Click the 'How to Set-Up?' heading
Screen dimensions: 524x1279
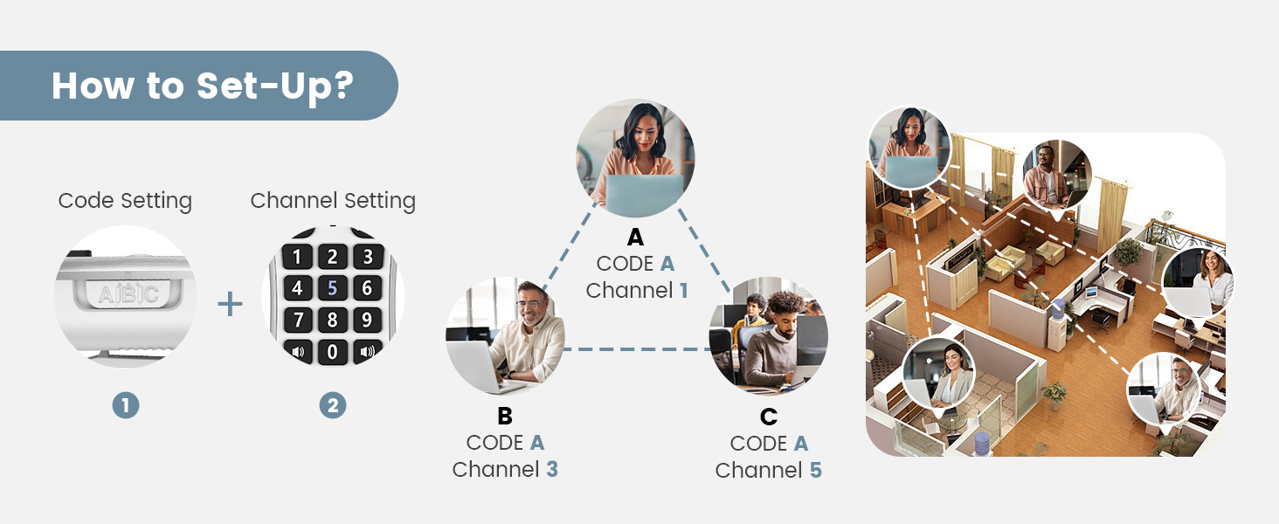(202, 86)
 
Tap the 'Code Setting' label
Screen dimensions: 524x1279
(125, 201)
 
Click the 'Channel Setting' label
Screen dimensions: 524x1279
(333, 201)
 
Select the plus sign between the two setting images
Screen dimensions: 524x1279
(230, 304)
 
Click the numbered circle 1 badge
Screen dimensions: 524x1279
(125, 405)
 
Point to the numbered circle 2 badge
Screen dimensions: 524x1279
(332, 405)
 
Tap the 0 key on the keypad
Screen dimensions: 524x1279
(332, 353)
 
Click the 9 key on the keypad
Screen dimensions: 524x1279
(367, 320)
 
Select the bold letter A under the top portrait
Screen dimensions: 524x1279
(635, 238)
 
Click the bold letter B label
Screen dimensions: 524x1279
(505, 416)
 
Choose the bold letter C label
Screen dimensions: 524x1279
(769, 417)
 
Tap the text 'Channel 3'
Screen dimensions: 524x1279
(505, 470)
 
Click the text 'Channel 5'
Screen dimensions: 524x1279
(768, 471)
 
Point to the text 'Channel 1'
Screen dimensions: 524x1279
(636, 291)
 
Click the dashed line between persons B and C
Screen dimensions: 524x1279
(636, 349)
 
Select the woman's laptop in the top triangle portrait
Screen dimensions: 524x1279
(644, 194)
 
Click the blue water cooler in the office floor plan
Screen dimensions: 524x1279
(1058, 310)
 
